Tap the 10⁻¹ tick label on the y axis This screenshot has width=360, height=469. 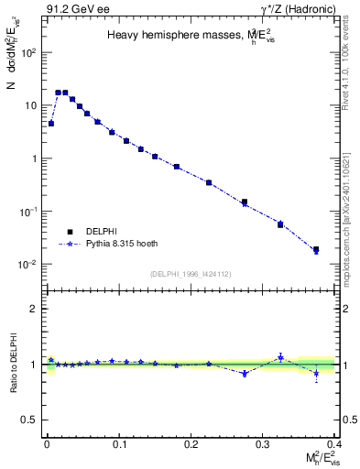tap(28, 212)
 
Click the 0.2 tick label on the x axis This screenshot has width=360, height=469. tap(191, 443)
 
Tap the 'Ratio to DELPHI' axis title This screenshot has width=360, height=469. tap(15, 365)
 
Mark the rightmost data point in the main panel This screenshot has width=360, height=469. tap(316, 249)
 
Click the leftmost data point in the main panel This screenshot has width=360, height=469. tap(51, 123)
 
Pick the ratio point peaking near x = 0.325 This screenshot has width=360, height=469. tap(280, 357)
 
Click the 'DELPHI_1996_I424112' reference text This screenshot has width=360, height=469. tap(190, 273)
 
